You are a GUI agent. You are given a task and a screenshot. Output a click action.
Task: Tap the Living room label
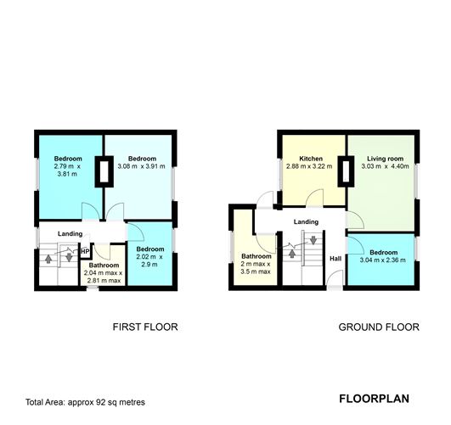(x=385, y=159)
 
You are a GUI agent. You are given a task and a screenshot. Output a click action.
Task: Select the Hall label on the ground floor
(x=335, y=259)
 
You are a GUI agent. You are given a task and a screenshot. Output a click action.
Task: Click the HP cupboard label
(x=85, y=251)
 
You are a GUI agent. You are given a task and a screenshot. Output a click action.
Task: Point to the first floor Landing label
(x=70, y=234)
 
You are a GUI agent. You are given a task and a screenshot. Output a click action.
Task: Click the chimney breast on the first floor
(x=104, y=171)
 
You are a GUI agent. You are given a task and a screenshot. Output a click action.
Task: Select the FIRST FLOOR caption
(x=145, y=327)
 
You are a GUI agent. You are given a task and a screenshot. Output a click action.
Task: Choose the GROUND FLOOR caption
(x=379, y=327)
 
